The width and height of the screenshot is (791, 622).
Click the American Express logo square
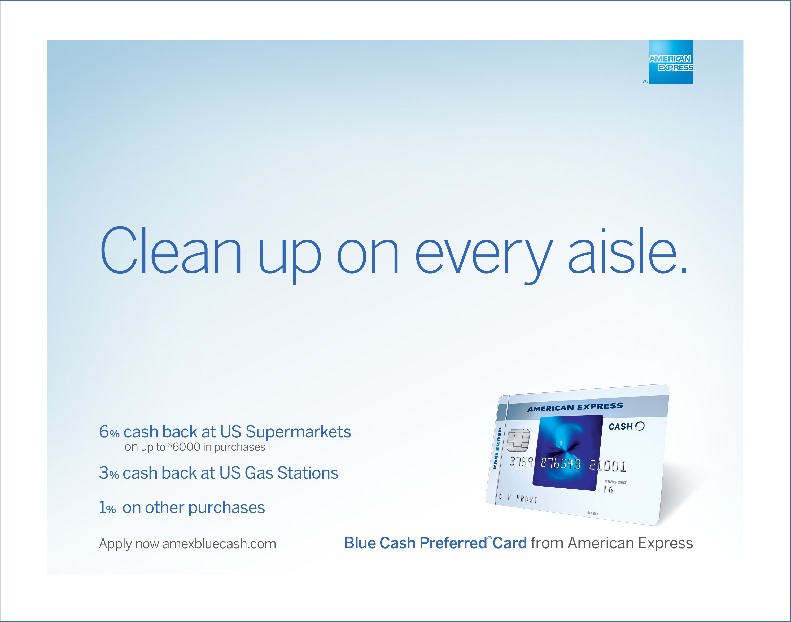[x=671, y=62]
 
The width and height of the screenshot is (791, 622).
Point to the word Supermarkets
[x=298, y=432]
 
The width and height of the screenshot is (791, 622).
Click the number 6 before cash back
[x=104, y=432]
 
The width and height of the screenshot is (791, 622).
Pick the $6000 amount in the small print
[x=184, y=447]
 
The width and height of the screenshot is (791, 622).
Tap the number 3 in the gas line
[x=104, y=473]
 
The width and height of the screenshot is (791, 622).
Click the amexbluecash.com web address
[x=219, y=544]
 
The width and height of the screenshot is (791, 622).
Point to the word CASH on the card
[x=620, y=426]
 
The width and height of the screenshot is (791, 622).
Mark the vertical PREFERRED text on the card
[x=497, y=448]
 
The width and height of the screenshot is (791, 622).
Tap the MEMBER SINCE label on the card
[x=615, y=482]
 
